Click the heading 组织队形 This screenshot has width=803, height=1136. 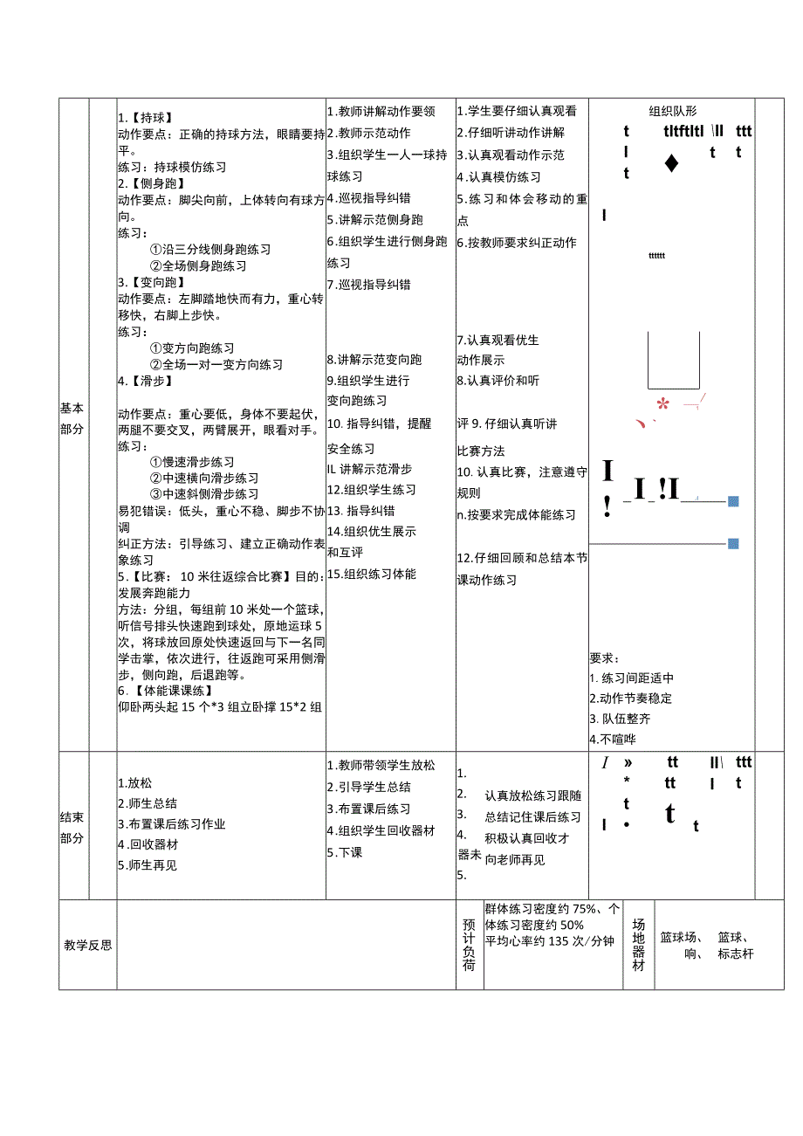(x=673, y=111)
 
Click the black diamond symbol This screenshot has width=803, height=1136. (x=670, y=163)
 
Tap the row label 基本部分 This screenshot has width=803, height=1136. (x=73, y=418)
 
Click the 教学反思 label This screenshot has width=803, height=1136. (x=88, y=945)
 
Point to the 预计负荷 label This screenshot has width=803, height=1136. (x=470, y=945)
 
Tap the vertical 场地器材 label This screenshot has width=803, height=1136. (x=639, y=945)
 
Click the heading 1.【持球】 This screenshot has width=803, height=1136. (x=145, y=118)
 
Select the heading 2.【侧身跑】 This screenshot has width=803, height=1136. (x=150, y=183)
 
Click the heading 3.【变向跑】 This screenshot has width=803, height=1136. (x=150, y=282)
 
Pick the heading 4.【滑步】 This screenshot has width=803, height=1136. (x=145, y=381)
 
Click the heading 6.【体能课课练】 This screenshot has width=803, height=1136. (x=165, y=691)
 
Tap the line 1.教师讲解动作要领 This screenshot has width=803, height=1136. (x=381, y=112)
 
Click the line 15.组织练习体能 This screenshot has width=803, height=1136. (x=372, y=574)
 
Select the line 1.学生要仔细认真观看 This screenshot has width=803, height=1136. (x=517, y=112)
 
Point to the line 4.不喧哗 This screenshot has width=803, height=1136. (x=613, y=739)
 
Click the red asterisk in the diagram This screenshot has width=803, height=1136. (x=662, y=403)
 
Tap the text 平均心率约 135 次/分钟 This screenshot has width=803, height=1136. (x=550, y=941)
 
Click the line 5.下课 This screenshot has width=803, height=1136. (x=345, y=852)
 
